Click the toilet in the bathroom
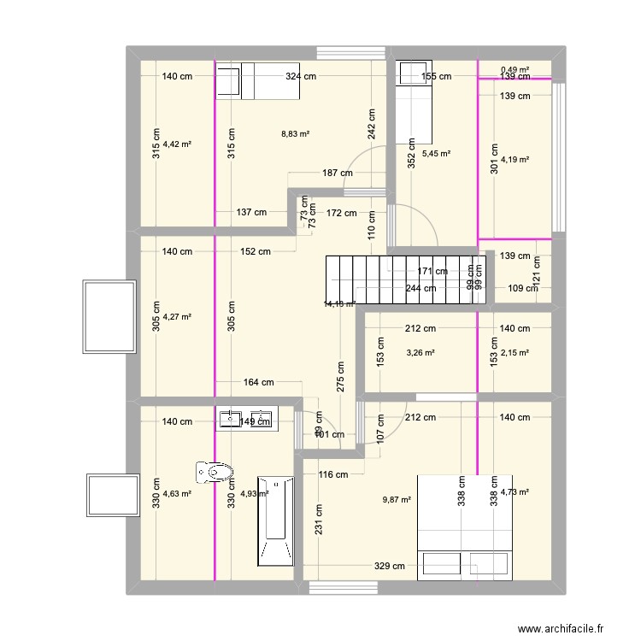[215, 471]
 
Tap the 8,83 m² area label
[295, 134]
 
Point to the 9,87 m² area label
[397, 501]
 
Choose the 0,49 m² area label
[515, 69]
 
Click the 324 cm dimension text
[301, 77]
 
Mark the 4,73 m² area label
[515, 491]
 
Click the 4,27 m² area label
[177, 317]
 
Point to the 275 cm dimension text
[340, 376]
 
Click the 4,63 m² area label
[177, 493]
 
